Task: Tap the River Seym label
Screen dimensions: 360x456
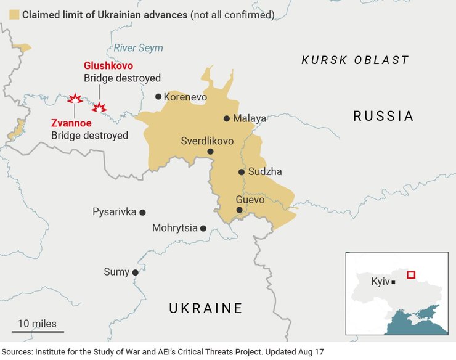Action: (x=139, y=47)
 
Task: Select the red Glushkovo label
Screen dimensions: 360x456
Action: (x=108, y=65)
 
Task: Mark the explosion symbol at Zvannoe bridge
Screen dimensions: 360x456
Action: (x=75, y=99)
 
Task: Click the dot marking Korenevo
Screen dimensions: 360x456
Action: (x=158, y=97)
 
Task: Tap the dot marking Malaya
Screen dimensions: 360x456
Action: (x=227, y=118)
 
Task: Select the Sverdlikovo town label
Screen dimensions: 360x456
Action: (x=207, y=141)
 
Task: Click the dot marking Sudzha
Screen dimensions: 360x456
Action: (x=242, y=172)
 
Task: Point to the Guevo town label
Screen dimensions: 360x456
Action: (x=250, y=200)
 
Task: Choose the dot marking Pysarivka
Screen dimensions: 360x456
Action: (x=142, y=212)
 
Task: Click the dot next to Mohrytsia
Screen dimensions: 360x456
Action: (x=203, y=228)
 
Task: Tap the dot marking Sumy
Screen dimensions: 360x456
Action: (x=135, y=272)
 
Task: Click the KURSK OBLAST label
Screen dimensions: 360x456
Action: (x=355, y=60)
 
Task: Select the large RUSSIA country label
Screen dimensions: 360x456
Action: (x=383, y=116)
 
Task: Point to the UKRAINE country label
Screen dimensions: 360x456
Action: (x=206, y=308)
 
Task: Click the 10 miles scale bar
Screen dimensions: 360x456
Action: (x=37, y=332)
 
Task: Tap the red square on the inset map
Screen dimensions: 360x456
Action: (x=411, y=275)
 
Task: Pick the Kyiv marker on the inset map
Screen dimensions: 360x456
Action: (x=393, y=282)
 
